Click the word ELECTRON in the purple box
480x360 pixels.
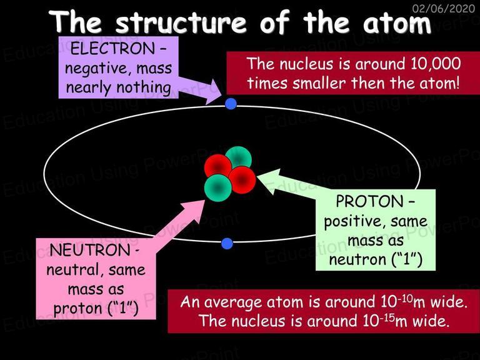coord(112,49)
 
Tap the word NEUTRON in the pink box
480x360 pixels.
coord(90,250)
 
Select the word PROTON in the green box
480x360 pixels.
coord(370,201)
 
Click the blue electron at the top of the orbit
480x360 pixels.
coord(231,104)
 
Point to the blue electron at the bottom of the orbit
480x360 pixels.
coord(227,243)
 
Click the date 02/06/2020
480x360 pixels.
coord(444,8)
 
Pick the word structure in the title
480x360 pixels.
coord(181,22)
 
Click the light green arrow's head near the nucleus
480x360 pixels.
coord(269,181)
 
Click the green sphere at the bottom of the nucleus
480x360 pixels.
coord(217,188)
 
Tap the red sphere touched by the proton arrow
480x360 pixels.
coord(242,180)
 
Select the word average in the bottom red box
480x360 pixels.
coord(234,302)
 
